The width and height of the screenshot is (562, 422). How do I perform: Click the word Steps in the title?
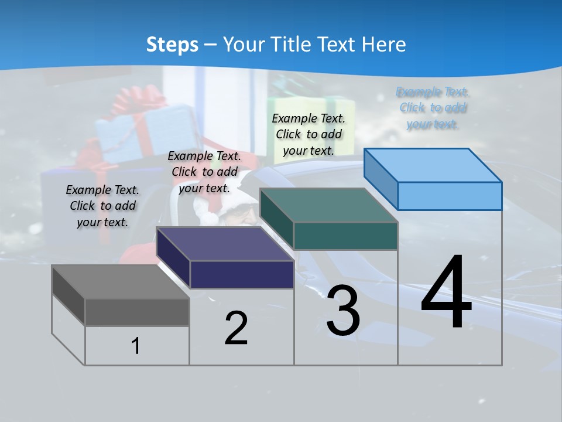[x=172, y=45]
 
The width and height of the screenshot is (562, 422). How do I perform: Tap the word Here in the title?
[x=383, y=45]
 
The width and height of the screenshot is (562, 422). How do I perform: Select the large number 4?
[x=446, y=293]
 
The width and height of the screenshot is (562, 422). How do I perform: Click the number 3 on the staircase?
[x=343, y=311]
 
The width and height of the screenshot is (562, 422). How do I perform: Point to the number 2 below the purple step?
[x=236, y=328]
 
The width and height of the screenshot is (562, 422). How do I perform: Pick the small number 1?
[x=136, y=346]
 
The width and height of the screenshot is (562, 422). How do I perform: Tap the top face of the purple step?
[x=225, y=243]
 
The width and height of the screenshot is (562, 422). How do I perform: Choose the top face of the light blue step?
[x=433, y=165]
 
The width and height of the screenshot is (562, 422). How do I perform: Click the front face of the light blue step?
[x=450, y=196]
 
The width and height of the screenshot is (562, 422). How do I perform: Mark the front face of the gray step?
[x=137, y=312]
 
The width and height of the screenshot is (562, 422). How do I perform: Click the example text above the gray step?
[x=102, y=206]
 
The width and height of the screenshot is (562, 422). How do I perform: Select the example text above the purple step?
[x=204, y=172]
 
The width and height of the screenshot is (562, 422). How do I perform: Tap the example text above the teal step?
[x=309, y=134]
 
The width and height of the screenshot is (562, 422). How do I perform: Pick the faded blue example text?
[x=433, y=108]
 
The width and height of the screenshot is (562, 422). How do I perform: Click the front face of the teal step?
[x=345, y=236]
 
